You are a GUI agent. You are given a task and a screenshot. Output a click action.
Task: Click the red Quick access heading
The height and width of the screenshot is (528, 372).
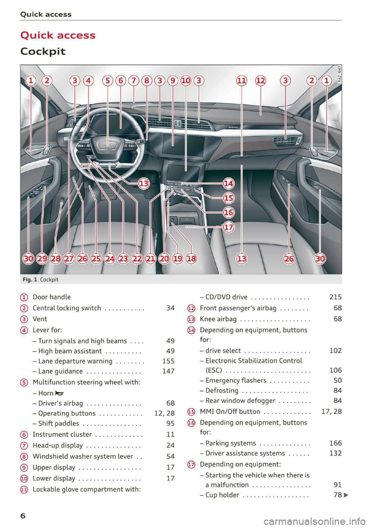coord(58,35)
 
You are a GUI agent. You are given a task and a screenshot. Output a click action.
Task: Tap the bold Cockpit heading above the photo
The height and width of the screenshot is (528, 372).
coord(43,52)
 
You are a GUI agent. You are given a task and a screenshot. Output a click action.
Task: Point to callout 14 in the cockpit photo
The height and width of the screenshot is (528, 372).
coord(229,183)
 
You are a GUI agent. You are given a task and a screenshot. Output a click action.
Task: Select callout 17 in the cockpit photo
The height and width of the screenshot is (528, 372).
coord(229,227)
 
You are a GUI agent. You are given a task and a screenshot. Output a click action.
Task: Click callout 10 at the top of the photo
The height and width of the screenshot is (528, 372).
coord(186,81)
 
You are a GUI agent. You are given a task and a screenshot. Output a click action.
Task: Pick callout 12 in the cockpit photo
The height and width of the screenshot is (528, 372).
coord(260,81)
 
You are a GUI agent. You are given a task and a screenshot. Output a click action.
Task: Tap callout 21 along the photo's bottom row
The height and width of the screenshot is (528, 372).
coord(150,258)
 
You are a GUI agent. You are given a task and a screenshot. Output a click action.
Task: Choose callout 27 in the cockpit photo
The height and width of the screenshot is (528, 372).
coord(69,258)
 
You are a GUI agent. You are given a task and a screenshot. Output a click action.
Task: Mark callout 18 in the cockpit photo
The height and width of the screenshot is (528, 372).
coord(191,258)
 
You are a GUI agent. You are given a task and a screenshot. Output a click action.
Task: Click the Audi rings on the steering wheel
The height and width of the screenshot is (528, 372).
coord(107,145)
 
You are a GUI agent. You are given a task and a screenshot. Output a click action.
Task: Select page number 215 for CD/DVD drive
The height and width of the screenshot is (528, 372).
coord(335,297)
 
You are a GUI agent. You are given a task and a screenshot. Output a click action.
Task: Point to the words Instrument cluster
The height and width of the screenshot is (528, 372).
coord(62,435)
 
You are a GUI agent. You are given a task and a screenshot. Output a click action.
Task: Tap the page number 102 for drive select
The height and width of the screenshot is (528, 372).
coord(335,351)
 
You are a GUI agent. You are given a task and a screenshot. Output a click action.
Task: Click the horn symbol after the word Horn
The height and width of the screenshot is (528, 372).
coord(59,393)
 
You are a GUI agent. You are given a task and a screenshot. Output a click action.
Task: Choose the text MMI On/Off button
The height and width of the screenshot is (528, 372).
coord(230,411)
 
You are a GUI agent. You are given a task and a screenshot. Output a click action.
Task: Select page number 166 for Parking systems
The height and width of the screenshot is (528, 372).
coord(335,443)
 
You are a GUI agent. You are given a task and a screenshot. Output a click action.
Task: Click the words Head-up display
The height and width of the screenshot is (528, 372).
coord(58,445)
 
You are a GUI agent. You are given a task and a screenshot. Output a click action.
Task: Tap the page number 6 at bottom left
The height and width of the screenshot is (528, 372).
coord(23,516)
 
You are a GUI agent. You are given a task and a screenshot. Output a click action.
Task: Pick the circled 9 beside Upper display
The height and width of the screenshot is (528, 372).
coord(24,468)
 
